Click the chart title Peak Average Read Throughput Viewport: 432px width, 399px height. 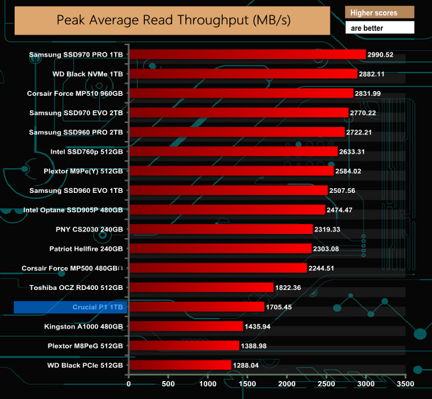click(173, 20)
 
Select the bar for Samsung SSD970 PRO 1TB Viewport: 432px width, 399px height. click(247, 55)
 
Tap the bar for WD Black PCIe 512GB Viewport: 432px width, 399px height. click(179, 365)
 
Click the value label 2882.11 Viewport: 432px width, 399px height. click(376, 74)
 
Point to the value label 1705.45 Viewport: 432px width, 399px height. click(283, 307)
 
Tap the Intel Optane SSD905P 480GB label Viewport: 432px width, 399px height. click(73, 210)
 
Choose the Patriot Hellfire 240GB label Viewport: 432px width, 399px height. click(86, 249)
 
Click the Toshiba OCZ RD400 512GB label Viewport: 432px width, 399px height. click(76, 287)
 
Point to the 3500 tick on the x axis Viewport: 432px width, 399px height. click(405, 384)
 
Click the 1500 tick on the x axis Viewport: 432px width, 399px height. click(247, 384)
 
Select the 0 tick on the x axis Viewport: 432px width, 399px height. click(129, 384)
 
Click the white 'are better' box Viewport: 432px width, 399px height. click(379, 28)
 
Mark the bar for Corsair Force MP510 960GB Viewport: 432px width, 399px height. click(241, 93)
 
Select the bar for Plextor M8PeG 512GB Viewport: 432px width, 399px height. click(183, 346)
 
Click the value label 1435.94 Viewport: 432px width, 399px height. click(261, 327)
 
